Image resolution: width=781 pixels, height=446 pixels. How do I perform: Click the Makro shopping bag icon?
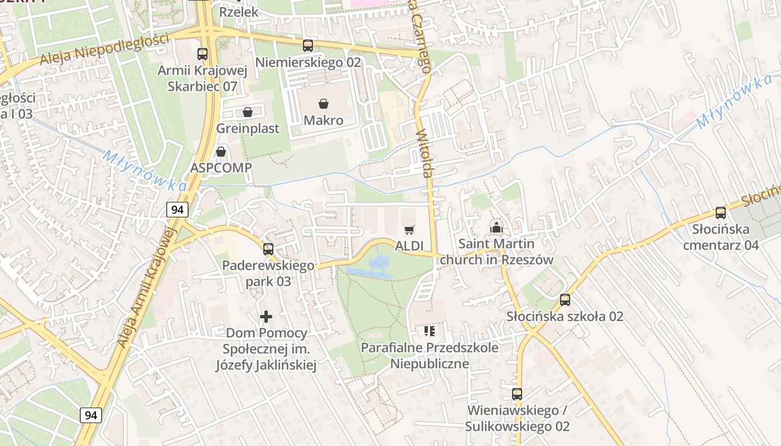click(x=323, y=103)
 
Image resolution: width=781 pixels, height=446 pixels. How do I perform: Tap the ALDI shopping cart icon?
click(x=409, y=230)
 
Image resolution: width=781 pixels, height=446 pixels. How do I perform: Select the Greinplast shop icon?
click(x=248, y=112)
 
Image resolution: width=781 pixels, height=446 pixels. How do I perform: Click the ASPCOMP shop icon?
click(x=221, y=152)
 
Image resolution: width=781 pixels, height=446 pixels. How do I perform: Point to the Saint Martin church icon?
click(x=495, y=227)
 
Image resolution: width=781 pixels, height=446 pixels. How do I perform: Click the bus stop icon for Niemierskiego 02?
click(x=308, y=46)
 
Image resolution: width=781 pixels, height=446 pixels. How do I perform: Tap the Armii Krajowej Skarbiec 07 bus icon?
click(x=203, y=54)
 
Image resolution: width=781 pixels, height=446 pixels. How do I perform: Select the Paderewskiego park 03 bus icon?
click(x=268, y=249)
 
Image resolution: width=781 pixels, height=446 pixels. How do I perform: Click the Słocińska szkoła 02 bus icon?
click(x=565, y=300)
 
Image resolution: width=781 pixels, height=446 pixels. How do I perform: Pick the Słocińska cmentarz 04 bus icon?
click(x=721, y=212)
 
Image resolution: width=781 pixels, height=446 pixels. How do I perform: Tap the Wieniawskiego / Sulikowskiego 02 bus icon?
click(x=517, y=394)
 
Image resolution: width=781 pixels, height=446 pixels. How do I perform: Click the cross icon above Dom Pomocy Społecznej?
click(x=266, y=317)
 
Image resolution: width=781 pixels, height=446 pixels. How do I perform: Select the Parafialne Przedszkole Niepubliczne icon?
click(x=429, y=331)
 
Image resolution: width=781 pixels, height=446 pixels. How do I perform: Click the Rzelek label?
click(x=239, y=12)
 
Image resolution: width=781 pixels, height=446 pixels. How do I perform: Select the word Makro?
click(x=324, y=120)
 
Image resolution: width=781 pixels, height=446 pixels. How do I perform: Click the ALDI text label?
click(x=409, y=246)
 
